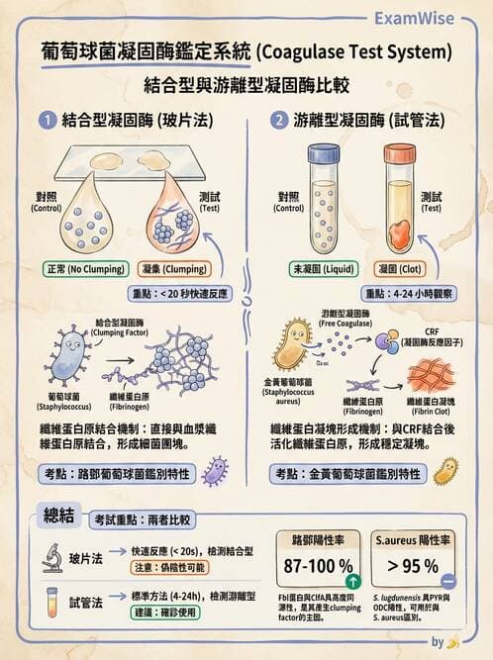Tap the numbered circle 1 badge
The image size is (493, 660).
pos(45,121)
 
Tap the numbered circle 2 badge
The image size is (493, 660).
pos(280,121)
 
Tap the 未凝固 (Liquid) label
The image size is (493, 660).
pos(324,268)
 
